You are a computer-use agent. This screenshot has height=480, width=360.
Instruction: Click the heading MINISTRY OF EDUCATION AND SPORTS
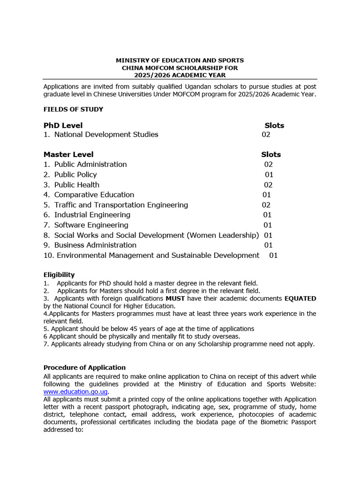(x=180, y=60)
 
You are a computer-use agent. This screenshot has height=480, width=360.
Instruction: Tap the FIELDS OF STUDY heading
(x=73, y=109)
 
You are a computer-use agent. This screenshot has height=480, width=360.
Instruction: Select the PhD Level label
(x=63, y=125)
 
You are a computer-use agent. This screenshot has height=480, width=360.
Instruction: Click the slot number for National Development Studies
(x=266, y=135)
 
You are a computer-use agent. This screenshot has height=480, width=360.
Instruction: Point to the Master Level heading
(x=68, y=154)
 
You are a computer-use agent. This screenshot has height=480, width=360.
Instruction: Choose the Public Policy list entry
(x=75, y=174)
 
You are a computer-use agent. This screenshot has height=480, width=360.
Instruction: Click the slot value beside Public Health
(x=268, y=185)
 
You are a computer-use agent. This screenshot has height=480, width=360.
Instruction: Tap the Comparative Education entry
(x=94, y=195)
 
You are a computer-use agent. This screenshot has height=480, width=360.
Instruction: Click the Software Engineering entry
(x=91, y=225)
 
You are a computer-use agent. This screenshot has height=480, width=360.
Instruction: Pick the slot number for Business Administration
(x=268, y=245)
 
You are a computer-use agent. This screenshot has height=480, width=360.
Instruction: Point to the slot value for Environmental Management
(x=273, y=255)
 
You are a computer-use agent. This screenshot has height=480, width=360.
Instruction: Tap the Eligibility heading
(x=59, y=275)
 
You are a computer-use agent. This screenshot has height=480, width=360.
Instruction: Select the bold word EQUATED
(x=299, y=299)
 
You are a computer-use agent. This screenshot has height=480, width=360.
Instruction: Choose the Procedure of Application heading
(x=84, y=367)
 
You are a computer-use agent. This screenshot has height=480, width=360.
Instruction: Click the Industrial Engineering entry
(x=92, y=215)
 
